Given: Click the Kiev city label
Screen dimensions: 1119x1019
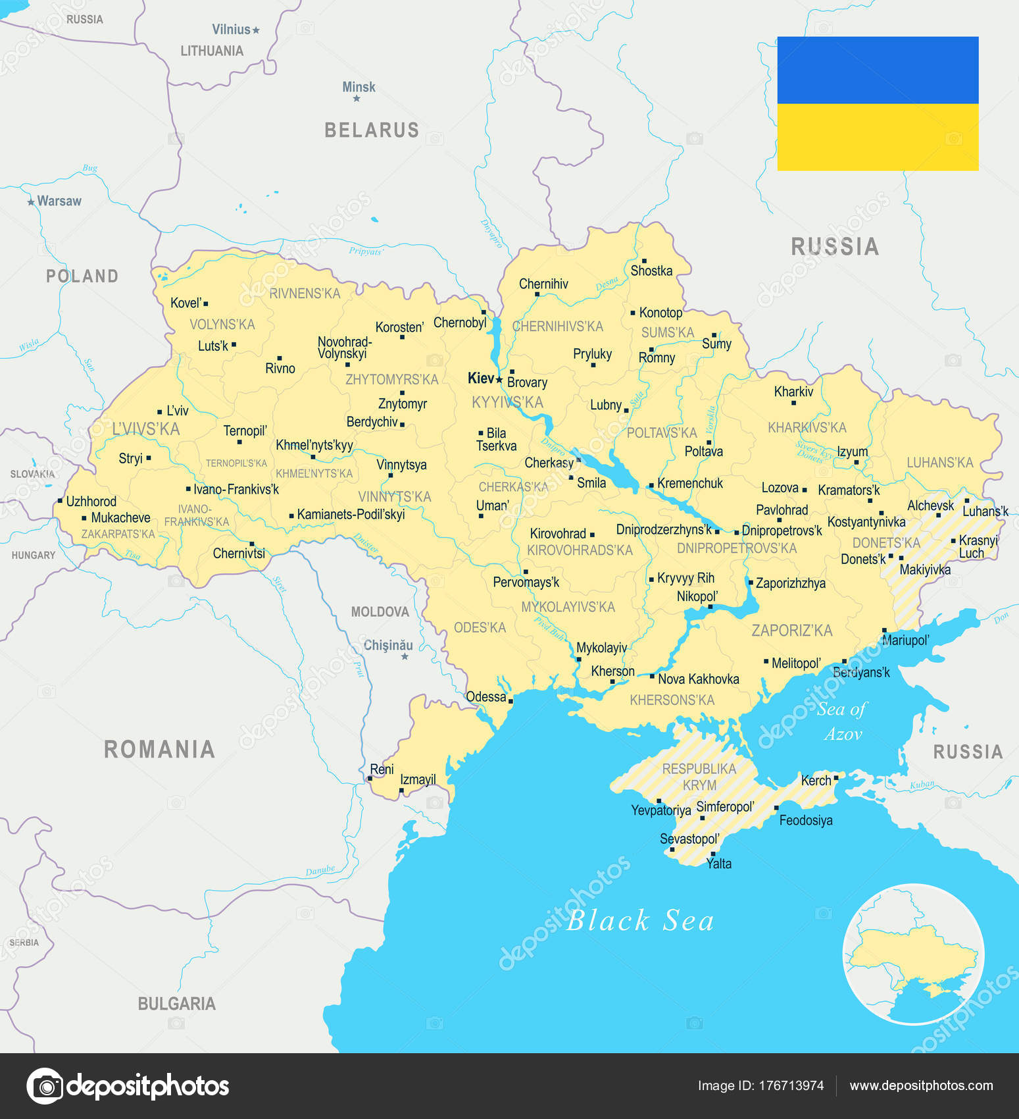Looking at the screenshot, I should point(480,378).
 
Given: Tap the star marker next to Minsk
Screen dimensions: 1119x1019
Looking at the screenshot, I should point(357,99).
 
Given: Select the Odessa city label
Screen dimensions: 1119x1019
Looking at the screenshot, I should point(485,696).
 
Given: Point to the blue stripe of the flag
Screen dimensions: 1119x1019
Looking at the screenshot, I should point(878,70).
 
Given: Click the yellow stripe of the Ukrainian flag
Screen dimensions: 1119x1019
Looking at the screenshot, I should point(878,137).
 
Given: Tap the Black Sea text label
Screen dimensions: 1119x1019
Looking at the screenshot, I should point(639,920).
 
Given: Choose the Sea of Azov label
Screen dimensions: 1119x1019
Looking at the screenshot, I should point(843,721).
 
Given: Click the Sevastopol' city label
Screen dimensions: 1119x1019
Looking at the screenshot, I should point(689,839).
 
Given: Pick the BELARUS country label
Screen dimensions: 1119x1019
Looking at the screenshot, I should point(372,130).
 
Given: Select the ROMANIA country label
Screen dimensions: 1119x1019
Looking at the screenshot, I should point(159,749).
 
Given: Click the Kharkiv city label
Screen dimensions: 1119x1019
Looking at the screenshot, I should point(793,392).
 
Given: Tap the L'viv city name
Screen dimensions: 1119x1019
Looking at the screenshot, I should point(177,411).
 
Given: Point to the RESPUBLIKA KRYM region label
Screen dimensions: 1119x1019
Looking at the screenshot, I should point(699,777).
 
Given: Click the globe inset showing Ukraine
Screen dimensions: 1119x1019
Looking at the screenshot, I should point(913,954).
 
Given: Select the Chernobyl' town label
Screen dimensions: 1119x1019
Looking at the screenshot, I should point(460,323).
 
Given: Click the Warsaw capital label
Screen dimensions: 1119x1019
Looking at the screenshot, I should point(59,201).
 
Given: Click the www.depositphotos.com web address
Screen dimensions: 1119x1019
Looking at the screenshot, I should point(921,1085).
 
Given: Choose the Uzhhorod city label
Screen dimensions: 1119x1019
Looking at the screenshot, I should point(91,502).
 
